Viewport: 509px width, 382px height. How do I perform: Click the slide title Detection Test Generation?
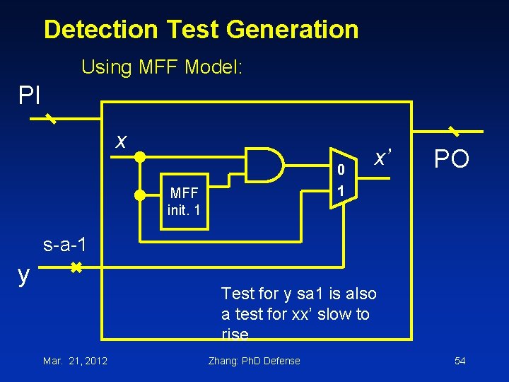click(201, 30)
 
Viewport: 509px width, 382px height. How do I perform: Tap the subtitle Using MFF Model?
click(162, 68)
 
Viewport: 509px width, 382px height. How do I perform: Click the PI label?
click(30, 95)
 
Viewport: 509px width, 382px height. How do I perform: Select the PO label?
click(451, 159)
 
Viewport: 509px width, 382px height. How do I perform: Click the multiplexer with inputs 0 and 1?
click(342, 178)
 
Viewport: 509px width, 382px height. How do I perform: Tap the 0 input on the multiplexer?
click(341, 170)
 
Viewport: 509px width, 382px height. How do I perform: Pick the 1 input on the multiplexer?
click(341, 191)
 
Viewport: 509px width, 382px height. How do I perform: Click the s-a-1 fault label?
click(65, 245)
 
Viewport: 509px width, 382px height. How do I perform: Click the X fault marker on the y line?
click(76, 268)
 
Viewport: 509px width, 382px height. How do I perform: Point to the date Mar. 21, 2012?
click(75, 361)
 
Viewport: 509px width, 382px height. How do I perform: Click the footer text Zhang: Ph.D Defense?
click(254, 361)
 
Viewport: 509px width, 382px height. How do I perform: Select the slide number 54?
click(460, 361)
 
